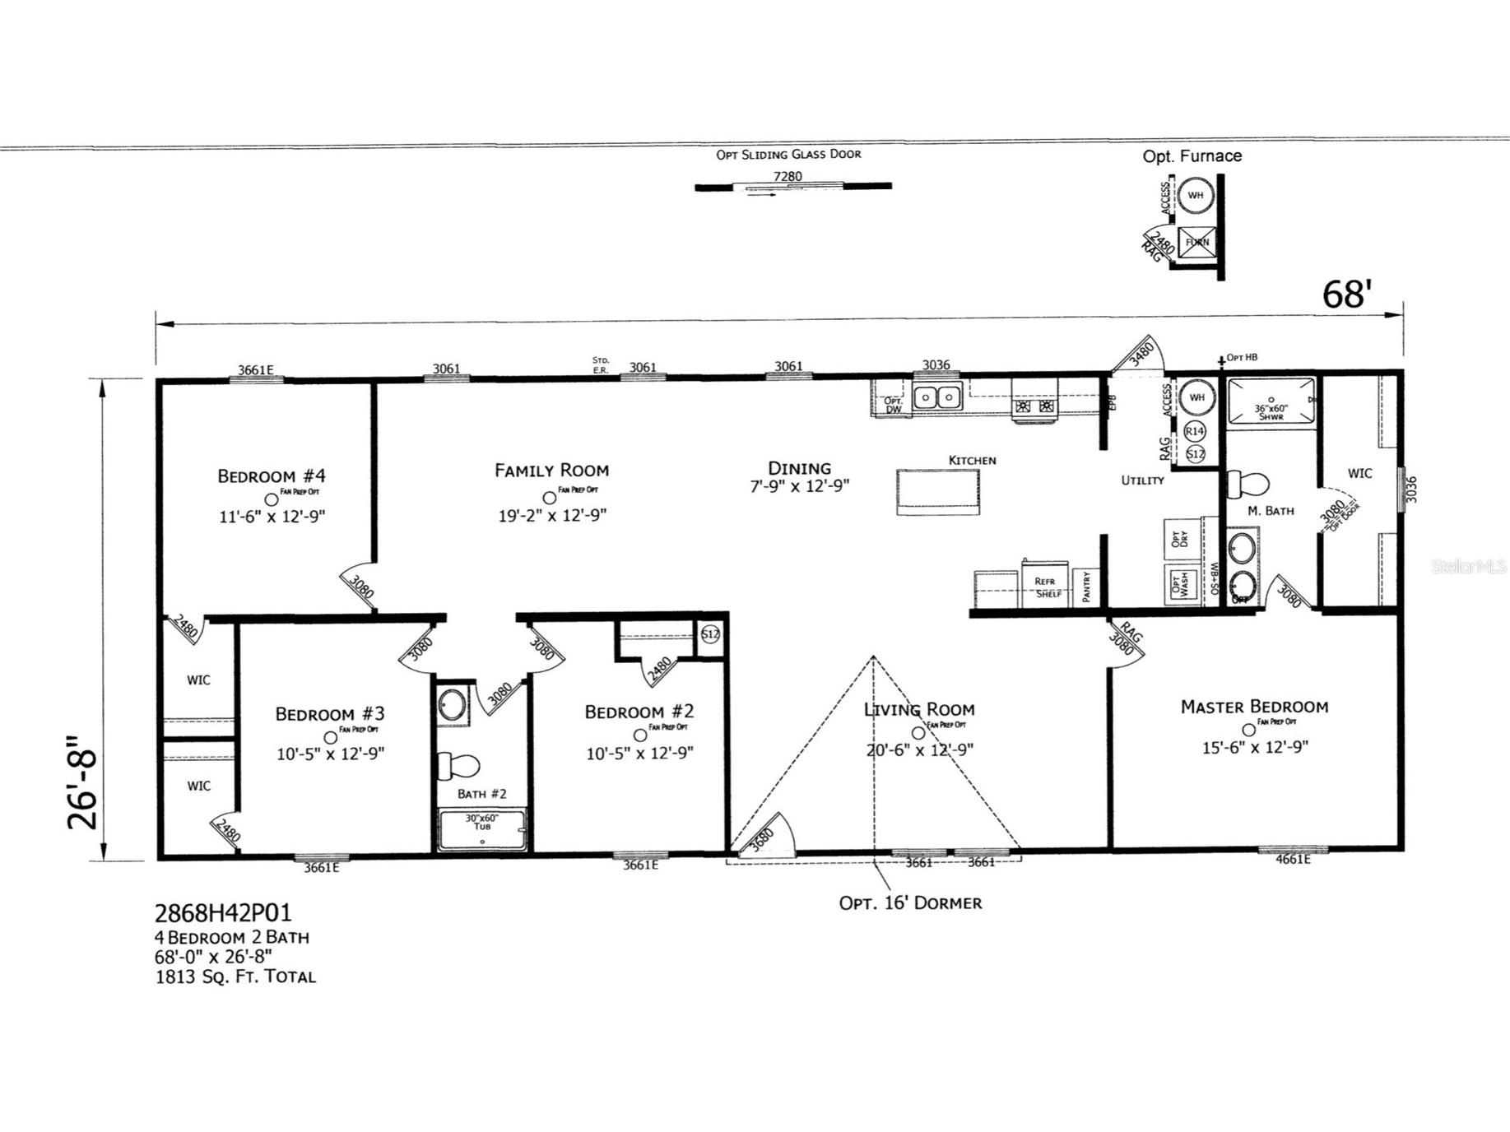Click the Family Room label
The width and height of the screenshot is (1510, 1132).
551,471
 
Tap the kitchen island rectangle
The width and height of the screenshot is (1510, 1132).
937,492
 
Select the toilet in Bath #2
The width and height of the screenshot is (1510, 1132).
457,766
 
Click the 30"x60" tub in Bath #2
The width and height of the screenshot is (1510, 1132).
482,829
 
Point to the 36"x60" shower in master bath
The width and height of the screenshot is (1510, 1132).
1271,402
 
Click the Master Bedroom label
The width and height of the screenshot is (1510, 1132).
1253,707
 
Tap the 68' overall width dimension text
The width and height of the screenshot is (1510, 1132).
1346,295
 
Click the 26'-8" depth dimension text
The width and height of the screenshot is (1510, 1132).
83,782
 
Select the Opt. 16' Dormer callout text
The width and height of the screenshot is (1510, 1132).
910,903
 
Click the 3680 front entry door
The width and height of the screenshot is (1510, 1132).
765,838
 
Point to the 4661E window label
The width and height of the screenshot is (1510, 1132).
1292,860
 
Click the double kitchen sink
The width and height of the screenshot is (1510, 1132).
937,398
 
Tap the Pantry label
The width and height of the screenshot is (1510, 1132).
1086,587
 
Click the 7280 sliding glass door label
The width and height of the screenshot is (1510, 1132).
788,176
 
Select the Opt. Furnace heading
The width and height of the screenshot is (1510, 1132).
1192,156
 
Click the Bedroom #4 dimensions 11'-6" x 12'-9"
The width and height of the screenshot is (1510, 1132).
272,517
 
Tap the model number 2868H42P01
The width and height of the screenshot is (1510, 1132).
223,913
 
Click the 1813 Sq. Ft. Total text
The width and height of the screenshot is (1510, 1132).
235,977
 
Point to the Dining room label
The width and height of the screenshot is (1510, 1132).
799,468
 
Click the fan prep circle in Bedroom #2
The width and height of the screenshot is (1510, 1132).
639,735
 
